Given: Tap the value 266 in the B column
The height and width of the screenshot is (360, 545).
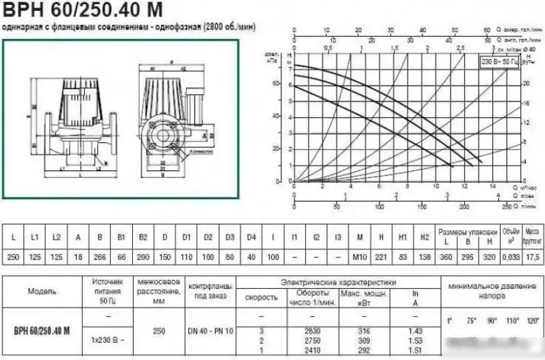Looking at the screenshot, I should coord(100,255).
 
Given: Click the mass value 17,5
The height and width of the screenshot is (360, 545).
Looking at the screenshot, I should coord(533,255).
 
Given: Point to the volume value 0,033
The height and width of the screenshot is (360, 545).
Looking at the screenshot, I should coord(510,255).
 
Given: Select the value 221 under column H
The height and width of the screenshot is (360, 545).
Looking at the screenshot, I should coord(380,255).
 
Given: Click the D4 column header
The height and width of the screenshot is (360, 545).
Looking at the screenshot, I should coord(251,237).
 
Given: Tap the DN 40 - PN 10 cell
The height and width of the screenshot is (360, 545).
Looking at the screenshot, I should coord(210,331).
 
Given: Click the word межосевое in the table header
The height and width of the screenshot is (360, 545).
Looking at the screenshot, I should coord(159,281).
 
